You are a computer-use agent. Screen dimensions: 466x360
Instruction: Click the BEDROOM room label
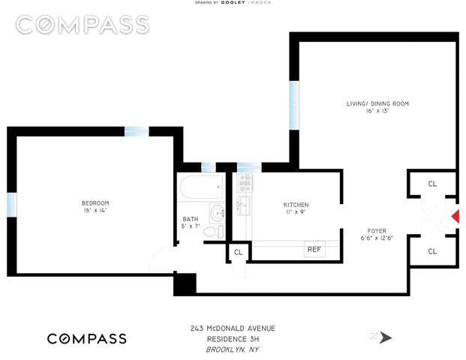pyautogui.click(x=95, y=203)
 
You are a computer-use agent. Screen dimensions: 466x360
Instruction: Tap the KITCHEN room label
pyautogui.click(x=296, y=205)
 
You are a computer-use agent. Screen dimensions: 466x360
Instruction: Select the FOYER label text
pyautogui.click(x=377, y=230)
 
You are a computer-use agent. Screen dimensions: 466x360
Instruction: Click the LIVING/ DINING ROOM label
pyautogui.click(x=377, y=103)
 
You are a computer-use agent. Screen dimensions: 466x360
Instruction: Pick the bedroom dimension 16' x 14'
pyautogui.click(x=95, y=212)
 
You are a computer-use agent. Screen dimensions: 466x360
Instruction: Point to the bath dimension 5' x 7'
pyautogui.click(x=192, y=226)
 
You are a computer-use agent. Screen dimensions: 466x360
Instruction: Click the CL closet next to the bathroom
pyautogui.click(x=238, y=253)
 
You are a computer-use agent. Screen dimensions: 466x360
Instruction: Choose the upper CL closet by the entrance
pyautogui.click(x=432, y=184)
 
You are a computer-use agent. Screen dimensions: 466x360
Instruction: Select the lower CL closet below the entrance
pyautogui.click(x=432, y=251)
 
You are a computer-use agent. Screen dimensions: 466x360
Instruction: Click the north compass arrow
pyautogui.click(x=383, y=337)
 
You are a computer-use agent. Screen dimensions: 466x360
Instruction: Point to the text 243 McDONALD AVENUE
pyautogui.click(x=233, y=328)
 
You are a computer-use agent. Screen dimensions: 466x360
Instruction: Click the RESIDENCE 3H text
pyautogui.click(x=233, y=338)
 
